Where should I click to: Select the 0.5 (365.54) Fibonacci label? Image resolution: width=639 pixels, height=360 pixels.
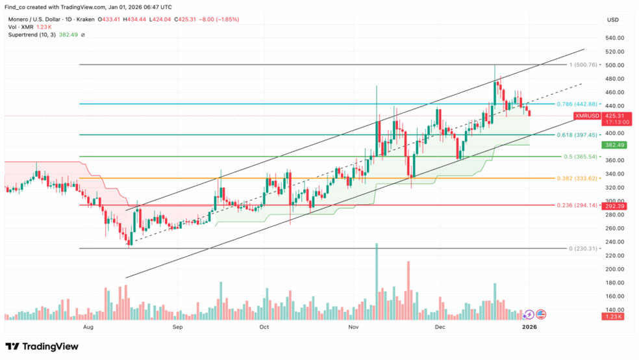tap(575, 157)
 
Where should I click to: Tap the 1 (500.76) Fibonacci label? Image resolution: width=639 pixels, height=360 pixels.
tap(576, 66)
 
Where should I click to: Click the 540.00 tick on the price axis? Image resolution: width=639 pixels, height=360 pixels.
tap(614, 38)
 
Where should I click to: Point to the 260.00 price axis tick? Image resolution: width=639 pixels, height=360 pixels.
tap(614, 228)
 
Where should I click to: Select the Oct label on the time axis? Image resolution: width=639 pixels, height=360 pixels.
tap(264, 328)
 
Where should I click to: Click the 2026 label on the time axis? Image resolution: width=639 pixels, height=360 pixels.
tap(530, 328)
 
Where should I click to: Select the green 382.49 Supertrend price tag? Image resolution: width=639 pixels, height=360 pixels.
tap(614, 146)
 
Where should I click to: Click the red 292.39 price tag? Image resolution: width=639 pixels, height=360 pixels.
tap(614, 206)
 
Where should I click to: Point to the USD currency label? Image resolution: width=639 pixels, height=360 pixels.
tap(613, 20)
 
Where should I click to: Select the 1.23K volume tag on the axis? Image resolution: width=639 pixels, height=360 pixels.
tap(614, 316)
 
